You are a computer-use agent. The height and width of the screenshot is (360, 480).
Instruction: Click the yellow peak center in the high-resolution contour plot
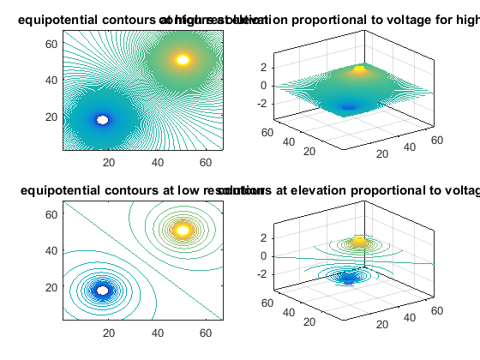click(x=182, y=60)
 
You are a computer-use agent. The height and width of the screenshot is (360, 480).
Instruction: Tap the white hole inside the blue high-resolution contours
click(x=103, y=120)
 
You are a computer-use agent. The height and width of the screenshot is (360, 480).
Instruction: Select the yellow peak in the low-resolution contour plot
click(x=182, y=230)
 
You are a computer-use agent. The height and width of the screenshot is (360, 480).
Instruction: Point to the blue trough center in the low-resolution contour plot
click(x=103, y=290)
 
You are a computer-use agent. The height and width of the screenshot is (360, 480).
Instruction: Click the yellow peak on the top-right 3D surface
click(x=360, y=69)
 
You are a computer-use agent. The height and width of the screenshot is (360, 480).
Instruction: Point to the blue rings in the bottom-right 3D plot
click(x=348, y=277)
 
